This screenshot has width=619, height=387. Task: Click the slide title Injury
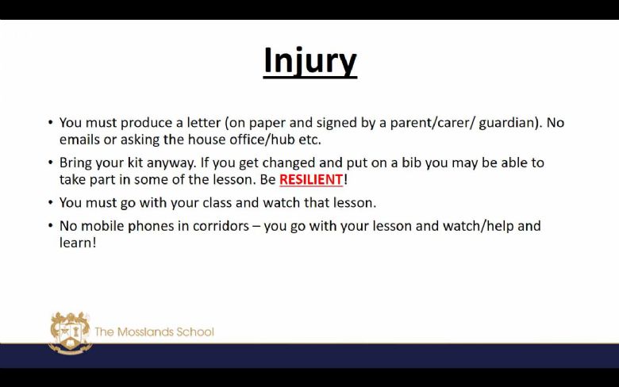pyautogui.click(x=310, y=61)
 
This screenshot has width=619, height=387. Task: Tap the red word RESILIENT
pyautogui.click(x=311, y=179)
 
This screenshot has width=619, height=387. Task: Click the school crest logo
pyautogui.click(x=71, y=332)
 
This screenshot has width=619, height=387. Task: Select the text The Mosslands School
pyautogui.click(x=155, y=331)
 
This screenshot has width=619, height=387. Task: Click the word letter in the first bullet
pyautogui.click(x=203, y=123)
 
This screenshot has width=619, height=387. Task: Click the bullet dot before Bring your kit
pyautogui.click(x=51, y=162)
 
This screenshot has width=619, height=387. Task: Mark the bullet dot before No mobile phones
pyautogui.click(x=51, y=226)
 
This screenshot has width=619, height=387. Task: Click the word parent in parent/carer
pyautogui.click(x=410, y=124)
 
